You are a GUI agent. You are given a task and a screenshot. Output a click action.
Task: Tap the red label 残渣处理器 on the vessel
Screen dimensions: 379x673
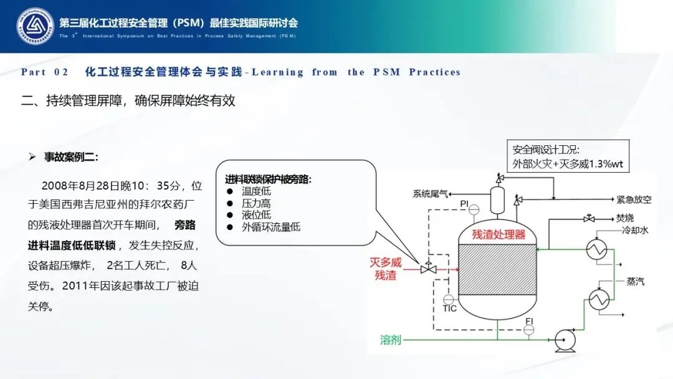click(x=499, y=234)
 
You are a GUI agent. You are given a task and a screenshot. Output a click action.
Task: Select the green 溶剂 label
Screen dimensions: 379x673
click(x=391, y=340)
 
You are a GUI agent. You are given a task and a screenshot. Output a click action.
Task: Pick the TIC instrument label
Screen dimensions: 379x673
click(x=449, y=309)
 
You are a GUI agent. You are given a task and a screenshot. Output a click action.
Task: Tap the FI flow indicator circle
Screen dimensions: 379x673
click(x=529, y=330)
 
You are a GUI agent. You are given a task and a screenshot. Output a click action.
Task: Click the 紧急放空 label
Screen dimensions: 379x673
click(x=634, y=200)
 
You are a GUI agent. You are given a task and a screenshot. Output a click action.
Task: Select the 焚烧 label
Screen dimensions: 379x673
click(x=625, y=219)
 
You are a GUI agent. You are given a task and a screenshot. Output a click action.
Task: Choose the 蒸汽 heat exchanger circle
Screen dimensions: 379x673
click(x=600, y=300)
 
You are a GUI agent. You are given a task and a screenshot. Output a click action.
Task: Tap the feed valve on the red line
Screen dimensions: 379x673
click(x=428, y=269)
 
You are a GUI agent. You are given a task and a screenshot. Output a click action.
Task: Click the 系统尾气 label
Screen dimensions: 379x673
click(x=430, y=194)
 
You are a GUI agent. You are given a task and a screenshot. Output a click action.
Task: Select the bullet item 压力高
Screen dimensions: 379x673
click(x=256, y=203)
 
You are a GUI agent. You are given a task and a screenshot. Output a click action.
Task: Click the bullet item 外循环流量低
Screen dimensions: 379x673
click(x=271, y=227)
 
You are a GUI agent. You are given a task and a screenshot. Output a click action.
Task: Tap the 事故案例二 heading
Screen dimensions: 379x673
click(x=70, y=157)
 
